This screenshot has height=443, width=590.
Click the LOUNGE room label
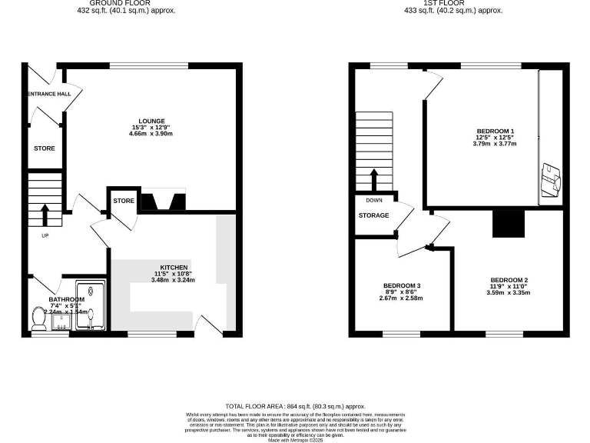pyautogui.click(x=150, y=119)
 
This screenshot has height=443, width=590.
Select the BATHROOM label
pyautogui.click(x=67, y=299)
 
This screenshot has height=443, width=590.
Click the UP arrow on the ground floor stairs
pyautogui.click(x=44, y=213)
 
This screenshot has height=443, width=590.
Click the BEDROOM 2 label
pyautogui.click(x=509, y=279)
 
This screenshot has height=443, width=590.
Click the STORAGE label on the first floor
pyautogui.click(x=373, y=215)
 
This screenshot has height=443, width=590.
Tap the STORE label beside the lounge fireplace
pyautogui.click(x=124, y=202)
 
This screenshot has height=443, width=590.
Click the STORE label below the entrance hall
pyautogui.click(x=44, y=148)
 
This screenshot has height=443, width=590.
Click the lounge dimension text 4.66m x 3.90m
pyautogui.click(x=150, y=135)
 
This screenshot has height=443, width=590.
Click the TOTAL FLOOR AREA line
pyautogui.click(x=295, y=405)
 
